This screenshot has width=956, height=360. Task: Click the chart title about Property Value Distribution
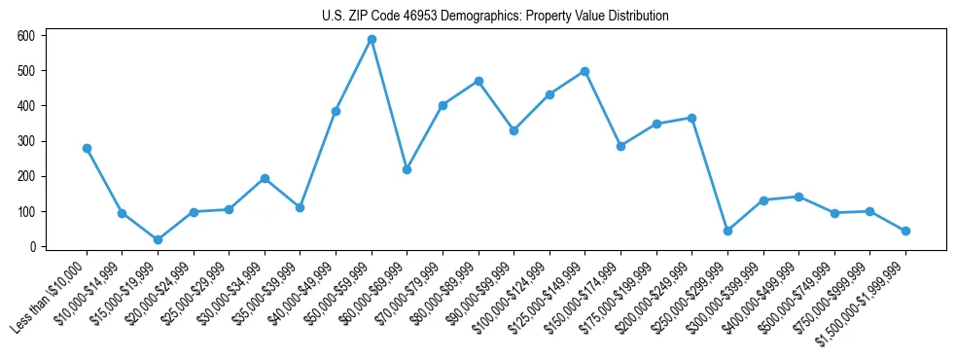[x=495, y=17]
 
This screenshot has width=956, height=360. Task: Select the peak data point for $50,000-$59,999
[x=372, y=39]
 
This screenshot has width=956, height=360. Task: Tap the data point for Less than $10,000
[x=87, y=148]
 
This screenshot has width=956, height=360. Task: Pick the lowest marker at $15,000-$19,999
[x=158, y=239]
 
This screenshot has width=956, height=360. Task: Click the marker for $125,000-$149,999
[x=584, y=71]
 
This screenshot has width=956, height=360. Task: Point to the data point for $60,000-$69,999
[x=407, y=169]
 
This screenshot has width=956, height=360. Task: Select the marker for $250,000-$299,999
[x=727, y=231]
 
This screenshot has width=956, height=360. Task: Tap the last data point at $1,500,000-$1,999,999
[x=905, y=231]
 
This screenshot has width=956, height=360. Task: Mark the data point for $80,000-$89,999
[x=478, y=81]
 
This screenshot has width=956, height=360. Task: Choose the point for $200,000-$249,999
[x=691, y=118]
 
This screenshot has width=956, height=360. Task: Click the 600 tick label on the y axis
[x=26, y=36]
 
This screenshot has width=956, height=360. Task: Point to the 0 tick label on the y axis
[x=32, y=247]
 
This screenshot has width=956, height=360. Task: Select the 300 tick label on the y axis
[x=26, y=141]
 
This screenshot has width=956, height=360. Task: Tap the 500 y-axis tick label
[x=26, y=71]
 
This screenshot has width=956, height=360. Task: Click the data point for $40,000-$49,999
[x=336, y=111]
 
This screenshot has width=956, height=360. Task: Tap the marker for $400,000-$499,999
[x=798, y=197]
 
